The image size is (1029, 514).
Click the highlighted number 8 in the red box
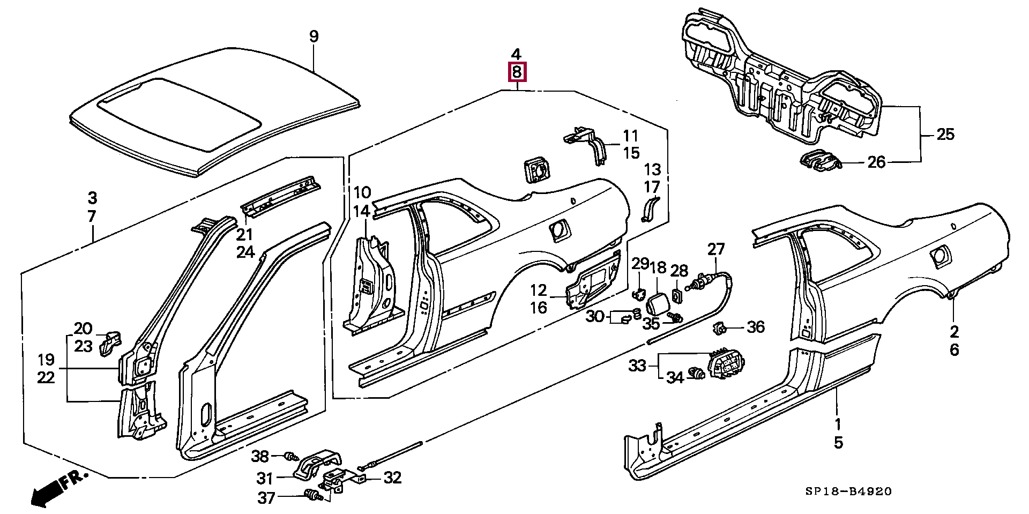tap(517, 72)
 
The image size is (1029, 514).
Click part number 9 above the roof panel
tap(314, 36)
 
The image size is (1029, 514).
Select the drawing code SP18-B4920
tap(848, 491)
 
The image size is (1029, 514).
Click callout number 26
tap(876, 161)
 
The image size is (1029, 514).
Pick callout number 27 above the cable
tap(716, 249)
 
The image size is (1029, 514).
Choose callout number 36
tap(756, 326)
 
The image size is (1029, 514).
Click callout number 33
tap(638, 366)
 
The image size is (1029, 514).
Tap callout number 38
tap(260, 456)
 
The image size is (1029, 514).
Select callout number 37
tap(266, 498)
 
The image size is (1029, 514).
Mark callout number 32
tap(393, 478)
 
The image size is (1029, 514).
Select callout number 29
tap(640, 264)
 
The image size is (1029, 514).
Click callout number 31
tap(265, 478)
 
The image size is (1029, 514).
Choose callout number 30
tap(595, 316)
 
